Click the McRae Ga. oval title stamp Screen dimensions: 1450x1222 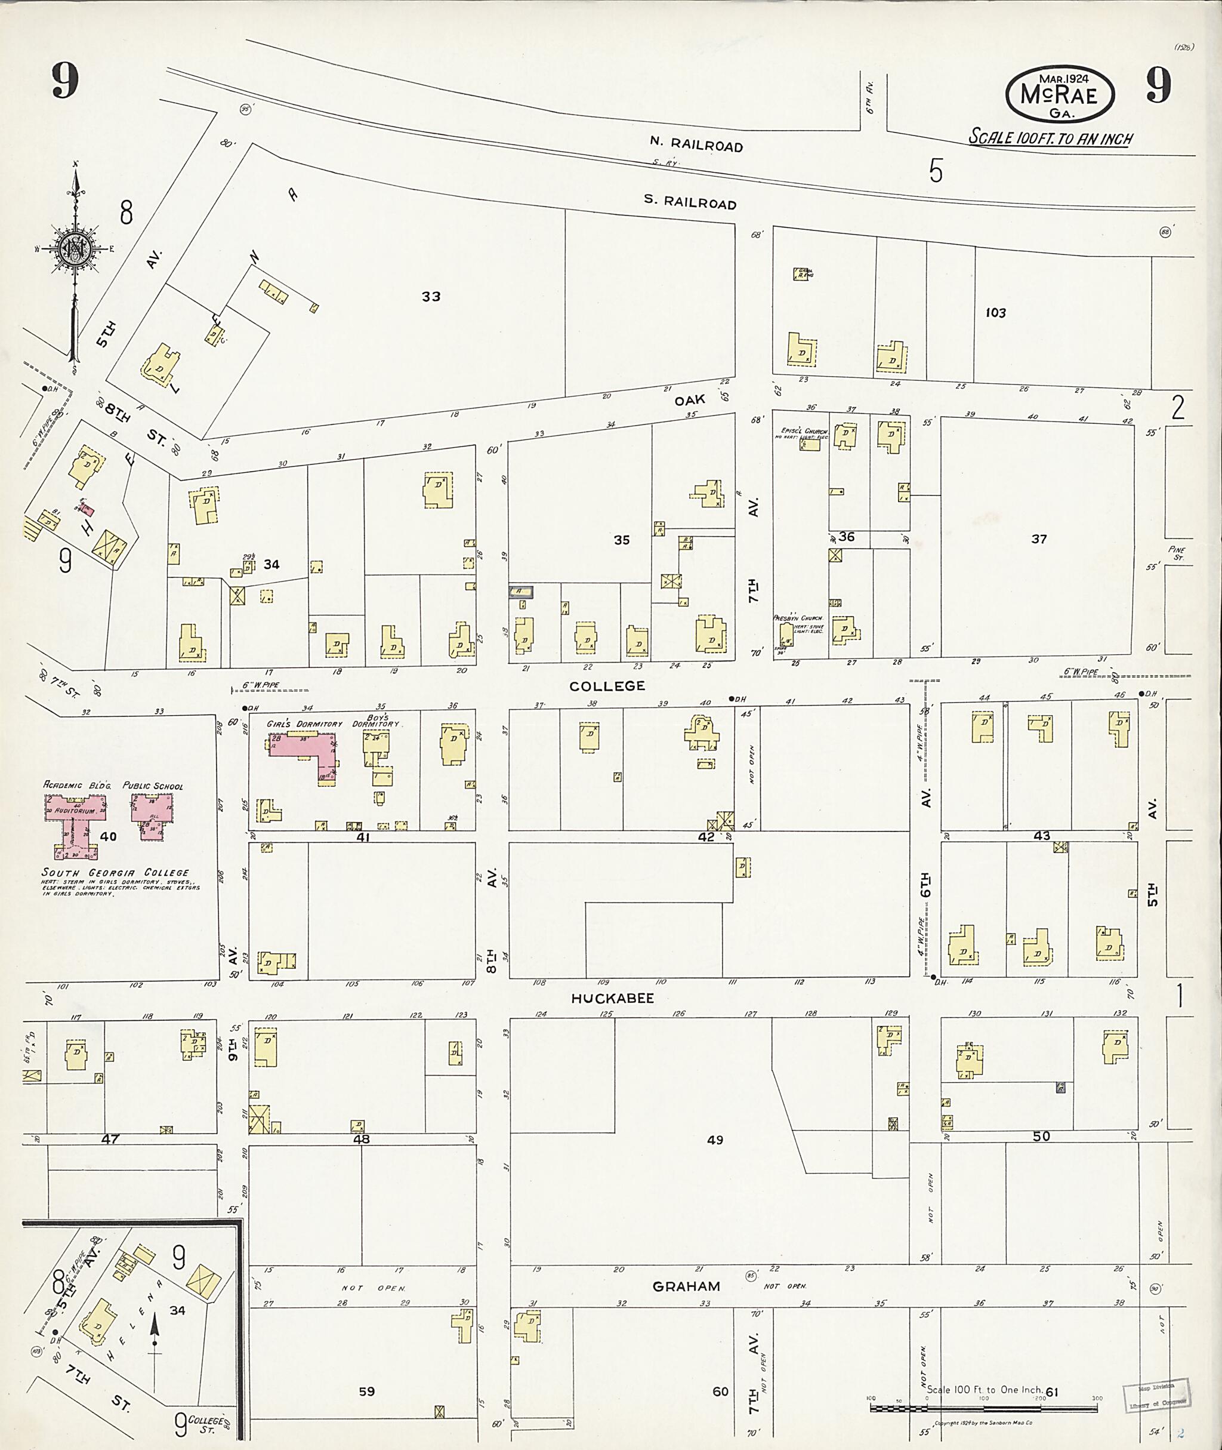click(x=1059, y=95)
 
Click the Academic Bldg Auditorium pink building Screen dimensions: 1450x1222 click(x=75, y=822)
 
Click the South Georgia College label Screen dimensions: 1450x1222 click(x=115, y=873)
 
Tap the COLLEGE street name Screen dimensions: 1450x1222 click(x=607, y=686)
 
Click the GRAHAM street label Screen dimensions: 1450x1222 click(x=686, y=1286)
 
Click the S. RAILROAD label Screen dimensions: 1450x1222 click(x=689, y=202)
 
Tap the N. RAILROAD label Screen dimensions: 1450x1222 click(x=696, y=144)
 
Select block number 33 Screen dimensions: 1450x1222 click(x=431, y=297)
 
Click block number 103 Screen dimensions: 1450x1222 click(x=995, y=313)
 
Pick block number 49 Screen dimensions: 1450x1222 click(x=715, y=1140)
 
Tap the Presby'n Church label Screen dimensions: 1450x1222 click(x=797, y=618)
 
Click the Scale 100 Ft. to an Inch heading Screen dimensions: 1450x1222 click(x=1050, y=138)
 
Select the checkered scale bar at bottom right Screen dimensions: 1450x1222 click(x=984, y=1408)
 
